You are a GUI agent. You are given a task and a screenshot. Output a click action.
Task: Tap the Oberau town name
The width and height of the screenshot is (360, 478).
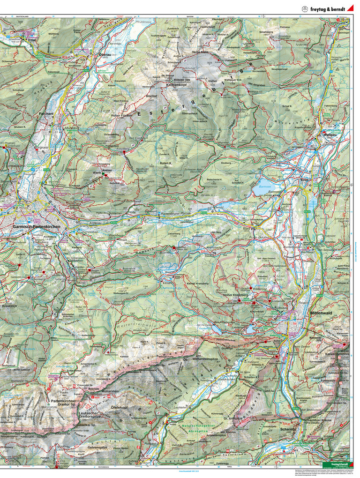[105, 55]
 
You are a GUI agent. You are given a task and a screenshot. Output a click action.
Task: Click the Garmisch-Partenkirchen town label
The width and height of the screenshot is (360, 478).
[42, 227]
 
